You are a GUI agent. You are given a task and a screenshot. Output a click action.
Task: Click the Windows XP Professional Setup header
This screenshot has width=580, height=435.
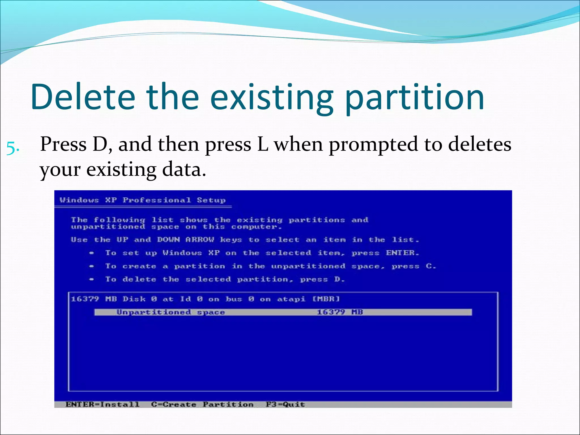pyautogui.click(x=143, y=200)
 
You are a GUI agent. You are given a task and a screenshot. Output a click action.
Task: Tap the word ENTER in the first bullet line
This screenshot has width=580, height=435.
pyautogui.click(x=400, y=253)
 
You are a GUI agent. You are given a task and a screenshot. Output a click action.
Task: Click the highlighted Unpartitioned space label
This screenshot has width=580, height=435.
pyautogui.click(x=171, y=312)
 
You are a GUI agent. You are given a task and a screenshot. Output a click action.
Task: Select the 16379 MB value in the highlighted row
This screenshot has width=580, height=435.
pyautogui.click(x=340, y=312)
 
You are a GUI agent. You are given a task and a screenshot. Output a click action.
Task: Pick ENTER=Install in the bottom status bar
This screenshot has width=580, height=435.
pyautogui.click(x=103, y=404)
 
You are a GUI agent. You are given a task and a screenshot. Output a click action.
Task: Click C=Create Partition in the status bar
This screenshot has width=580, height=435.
pyautogui.click(x=202, y=404)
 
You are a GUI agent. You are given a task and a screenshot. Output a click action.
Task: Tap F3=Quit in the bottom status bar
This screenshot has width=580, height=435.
pyautogui.click(x=285, y=404)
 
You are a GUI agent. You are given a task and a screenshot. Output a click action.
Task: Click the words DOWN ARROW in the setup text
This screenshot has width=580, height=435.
pyautogui.click(x=185, y=240)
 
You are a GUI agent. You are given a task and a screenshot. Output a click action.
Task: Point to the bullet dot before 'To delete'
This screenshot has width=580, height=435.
pyautogui.click(x=91, y=280)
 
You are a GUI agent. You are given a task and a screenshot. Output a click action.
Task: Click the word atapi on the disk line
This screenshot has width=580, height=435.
pyautogui.click(x=291, y=299)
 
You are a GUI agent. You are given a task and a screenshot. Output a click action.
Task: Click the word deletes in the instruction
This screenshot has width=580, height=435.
pyautogui.click(x=480, y=144)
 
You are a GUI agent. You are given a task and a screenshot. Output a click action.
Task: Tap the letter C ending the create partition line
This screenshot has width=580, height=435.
pyautogui.click(x=429, y=266)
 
